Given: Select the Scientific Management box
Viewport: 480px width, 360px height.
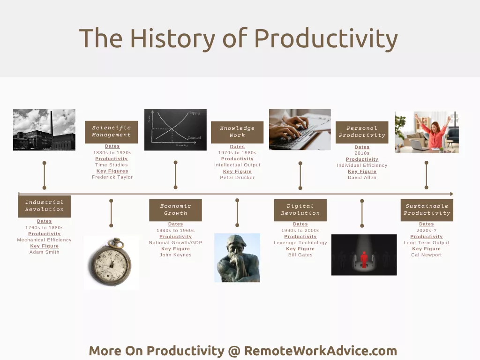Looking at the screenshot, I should coord(111,132).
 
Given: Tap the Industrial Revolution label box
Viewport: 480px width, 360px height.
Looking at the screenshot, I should coord(45,206).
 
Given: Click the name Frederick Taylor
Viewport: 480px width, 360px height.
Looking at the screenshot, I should coord(112,177).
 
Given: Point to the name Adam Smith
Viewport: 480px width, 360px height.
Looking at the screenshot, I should coord(45,252).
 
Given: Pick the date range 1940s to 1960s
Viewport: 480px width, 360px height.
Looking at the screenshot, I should coord(175,231).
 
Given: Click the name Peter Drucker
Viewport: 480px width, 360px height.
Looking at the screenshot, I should coord(237,178).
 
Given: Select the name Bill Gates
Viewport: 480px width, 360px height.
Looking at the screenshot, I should coord(300,255).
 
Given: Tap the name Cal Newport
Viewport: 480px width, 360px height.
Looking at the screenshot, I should coord(426,255).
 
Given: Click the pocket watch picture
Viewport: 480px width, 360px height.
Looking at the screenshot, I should coord(112,262).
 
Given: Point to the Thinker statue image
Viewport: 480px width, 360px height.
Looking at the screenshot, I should coord(237,258).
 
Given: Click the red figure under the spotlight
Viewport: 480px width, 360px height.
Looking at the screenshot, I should coord(364,259).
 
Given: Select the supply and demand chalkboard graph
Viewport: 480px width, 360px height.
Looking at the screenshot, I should coord(175,130).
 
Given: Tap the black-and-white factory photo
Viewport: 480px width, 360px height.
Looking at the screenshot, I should coord(44,130).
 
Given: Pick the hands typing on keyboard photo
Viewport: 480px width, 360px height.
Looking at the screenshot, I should coord(300,129).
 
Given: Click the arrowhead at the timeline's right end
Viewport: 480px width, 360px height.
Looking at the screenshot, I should coord(451,194).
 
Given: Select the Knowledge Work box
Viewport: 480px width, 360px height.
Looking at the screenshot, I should coord(237,132).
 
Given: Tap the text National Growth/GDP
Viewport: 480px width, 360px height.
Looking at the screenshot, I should coord(175,243).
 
